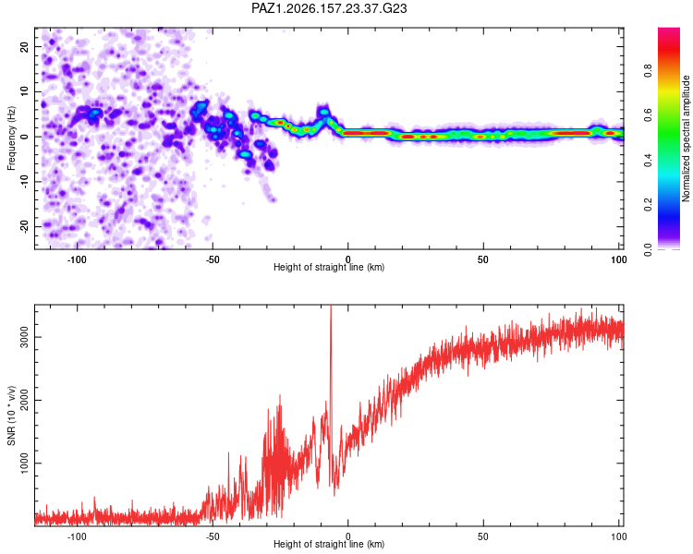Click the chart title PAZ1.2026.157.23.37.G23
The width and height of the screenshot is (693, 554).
(x=329, y=8)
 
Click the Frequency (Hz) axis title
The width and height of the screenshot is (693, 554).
(x=11, y=138)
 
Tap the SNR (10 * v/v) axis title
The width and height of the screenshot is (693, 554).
(x=11, y=415)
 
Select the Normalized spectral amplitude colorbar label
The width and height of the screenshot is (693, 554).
(x=686, y=138)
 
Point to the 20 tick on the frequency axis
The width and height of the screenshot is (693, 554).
(x=24, y=46)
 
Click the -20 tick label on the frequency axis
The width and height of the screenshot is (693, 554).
(x=24, y=226)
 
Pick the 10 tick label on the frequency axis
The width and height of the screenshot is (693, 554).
(x=24, y=91)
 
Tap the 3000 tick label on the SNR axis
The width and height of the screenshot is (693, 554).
(x=24, y=337)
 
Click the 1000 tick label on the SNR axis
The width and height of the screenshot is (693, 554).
(x=24, y=463)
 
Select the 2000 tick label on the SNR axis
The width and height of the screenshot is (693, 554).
(x=24, y=400)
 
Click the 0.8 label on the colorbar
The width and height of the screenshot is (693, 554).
(x=648, y=70)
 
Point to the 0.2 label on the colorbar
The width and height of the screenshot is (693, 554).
(x=648, y=205)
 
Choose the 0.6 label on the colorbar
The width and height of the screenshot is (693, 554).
(x=648, y=115)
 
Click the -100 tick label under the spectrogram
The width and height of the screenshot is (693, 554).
(x=77, y=259)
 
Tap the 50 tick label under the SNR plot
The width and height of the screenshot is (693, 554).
(x=483, y=536)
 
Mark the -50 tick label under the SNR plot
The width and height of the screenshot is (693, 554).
(x=213, y=536)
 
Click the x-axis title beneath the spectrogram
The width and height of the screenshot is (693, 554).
(x=329, y=267)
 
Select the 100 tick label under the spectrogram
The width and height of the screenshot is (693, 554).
(x=618, y=259)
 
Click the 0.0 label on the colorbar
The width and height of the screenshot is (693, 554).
(x=648, y=249)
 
